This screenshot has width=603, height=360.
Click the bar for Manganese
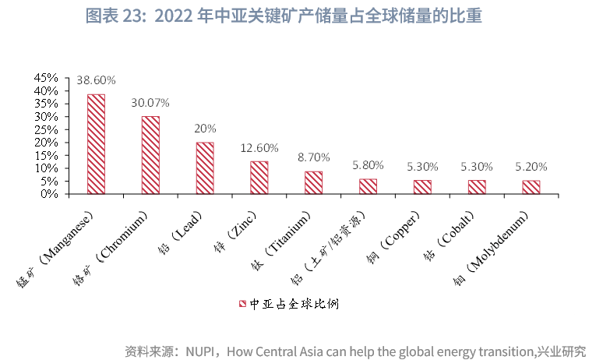96,144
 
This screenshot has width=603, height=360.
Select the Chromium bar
150,155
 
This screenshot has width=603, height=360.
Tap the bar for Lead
205,168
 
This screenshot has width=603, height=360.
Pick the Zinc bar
259,178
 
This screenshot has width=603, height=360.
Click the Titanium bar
313,182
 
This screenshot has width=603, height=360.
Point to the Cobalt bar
476,187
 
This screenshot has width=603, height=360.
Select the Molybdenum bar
531,187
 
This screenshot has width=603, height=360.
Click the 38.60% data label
96,80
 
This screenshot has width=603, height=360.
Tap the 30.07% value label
150,103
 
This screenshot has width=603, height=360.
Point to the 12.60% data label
259,147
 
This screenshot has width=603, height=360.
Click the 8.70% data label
313,157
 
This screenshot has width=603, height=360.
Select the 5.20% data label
531,166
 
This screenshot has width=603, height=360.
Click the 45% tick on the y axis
46,78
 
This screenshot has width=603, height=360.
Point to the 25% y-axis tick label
46,129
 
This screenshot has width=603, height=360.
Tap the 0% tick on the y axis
49,194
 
